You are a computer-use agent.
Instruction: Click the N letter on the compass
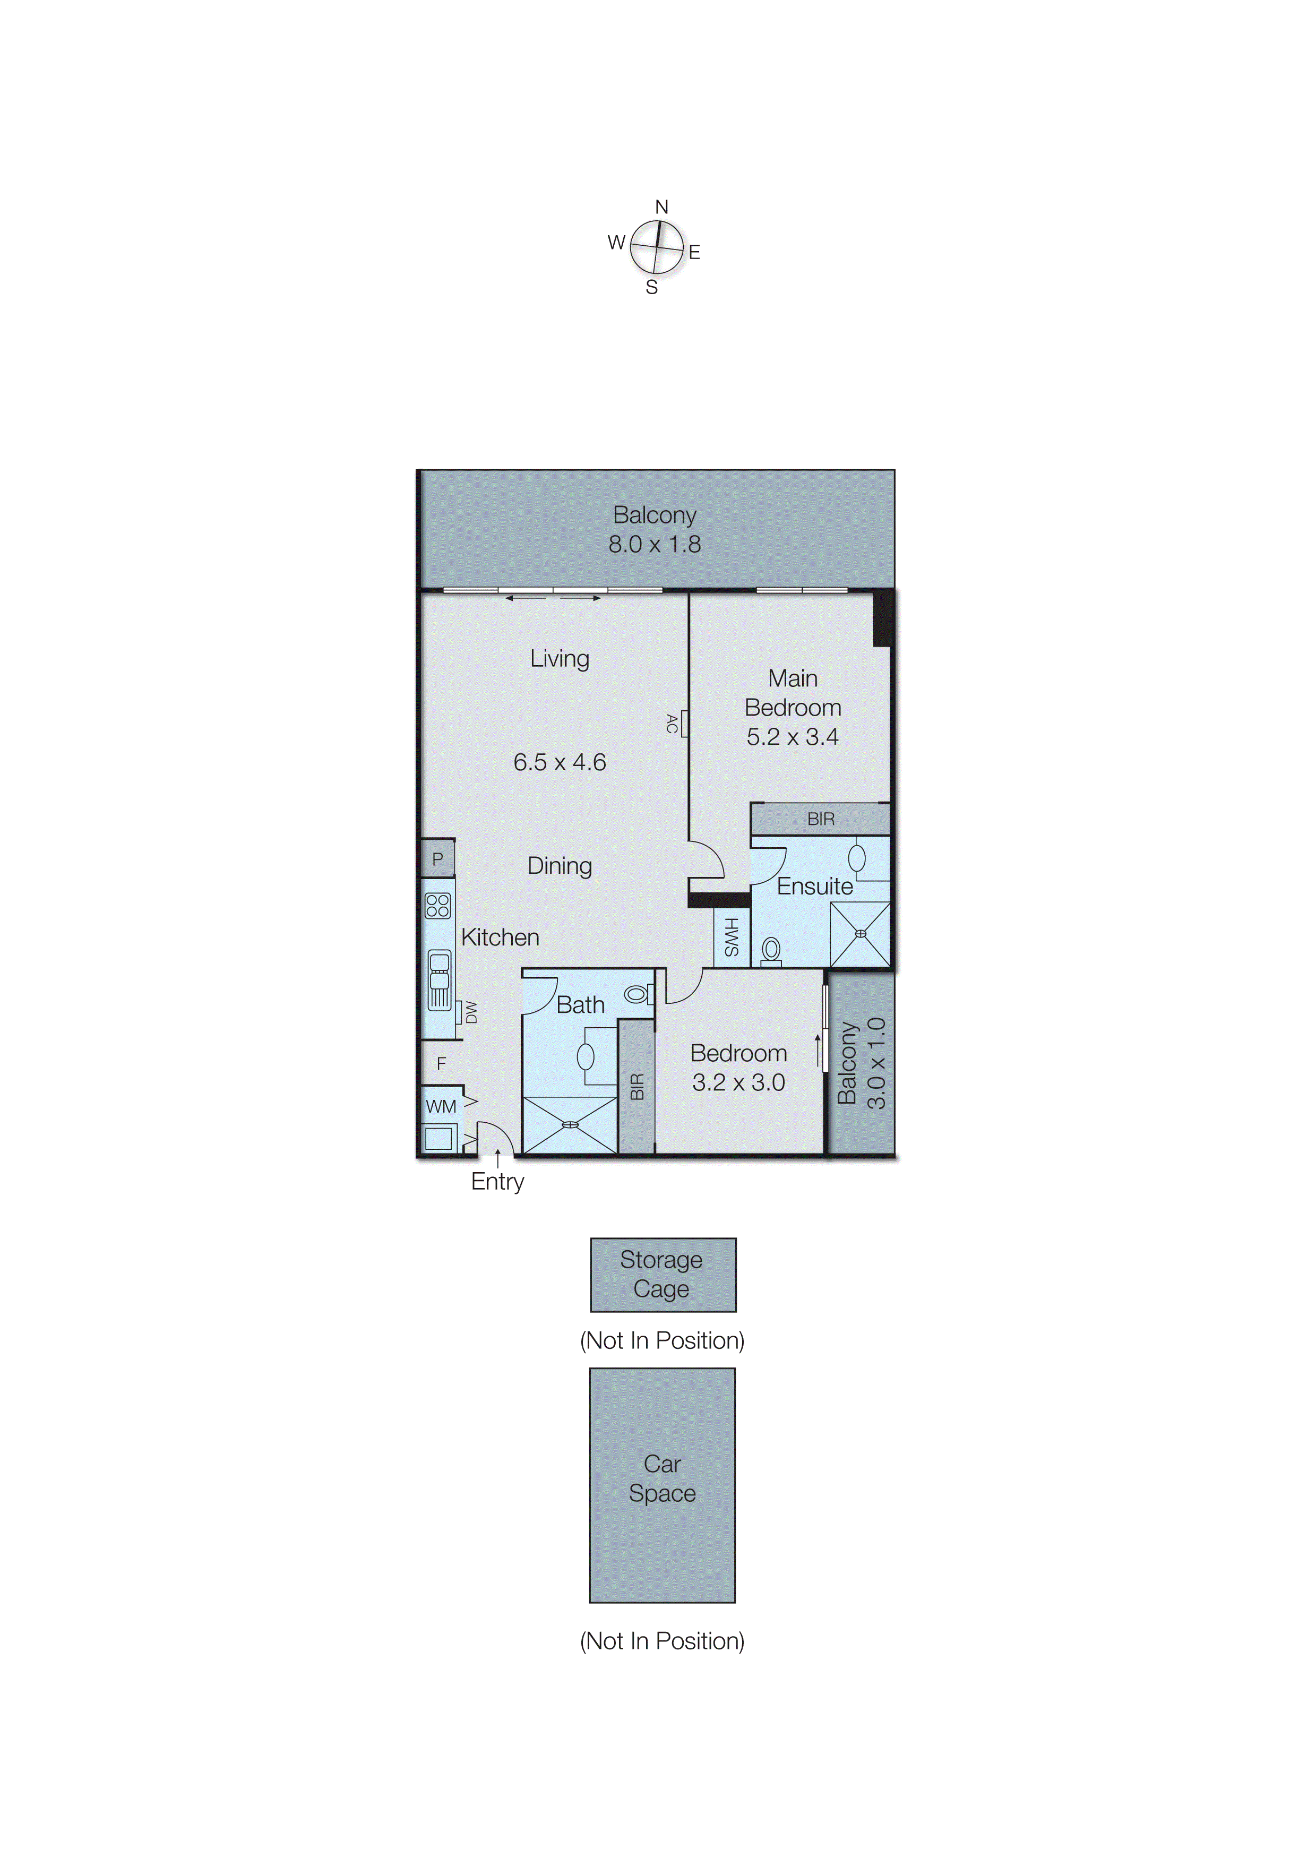[x=661, y=208]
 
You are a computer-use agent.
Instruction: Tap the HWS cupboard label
[x=731, y=937]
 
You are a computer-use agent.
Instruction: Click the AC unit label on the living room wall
[x=672, y=724]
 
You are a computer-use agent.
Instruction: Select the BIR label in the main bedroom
[x=820, y=819]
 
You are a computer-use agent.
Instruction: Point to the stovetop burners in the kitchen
[x=437, y=905]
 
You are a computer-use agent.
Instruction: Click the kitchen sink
[x=438, y=971]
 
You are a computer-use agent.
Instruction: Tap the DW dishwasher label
[x=471, y=1012]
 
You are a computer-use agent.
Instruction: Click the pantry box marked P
[x=437, y=859]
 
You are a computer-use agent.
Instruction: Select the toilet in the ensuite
[x=771, y=950]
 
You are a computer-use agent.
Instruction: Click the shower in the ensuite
[x=860, y=934]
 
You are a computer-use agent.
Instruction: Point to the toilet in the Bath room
[x=638, y=993]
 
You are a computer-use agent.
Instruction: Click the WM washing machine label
[x=441, y=1106]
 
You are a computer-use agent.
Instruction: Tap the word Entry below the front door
[x=497, y=1181]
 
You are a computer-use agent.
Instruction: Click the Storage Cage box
[x=662, y=1275]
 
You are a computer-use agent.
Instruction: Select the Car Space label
[x=662, y=1479]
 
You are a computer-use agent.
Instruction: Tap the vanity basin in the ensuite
[x=856, y=858]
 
